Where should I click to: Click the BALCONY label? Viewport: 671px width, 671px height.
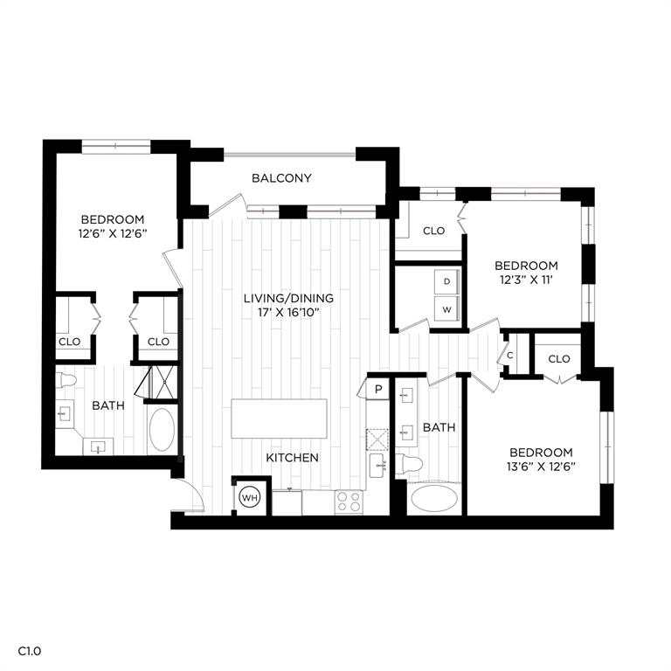tap(281, 178)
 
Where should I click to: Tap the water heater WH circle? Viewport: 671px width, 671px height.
tap(251, 498)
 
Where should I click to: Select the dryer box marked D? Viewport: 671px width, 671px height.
tap(446, 281)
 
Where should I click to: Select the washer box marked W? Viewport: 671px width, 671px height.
tap(446, 309)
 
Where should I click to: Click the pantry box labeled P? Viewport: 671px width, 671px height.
tap(378, 389)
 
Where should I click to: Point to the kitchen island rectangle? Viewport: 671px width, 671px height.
tap(279, 419)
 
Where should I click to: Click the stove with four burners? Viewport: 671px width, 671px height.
tap(349, 502)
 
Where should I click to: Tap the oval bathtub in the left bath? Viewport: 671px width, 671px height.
tap(162, 430)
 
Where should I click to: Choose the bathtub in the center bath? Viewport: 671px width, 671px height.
tap(433, 500)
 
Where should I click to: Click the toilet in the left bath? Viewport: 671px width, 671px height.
tap(67, 380)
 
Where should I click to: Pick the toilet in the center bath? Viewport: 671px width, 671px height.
tap(409, 464)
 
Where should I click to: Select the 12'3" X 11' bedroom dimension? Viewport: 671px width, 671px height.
tap(526, 280)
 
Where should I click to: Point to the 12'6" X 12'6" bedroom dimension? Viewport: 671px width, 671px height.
tap(113, 233)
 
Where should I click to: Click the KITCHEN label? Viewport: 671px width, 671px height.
tap(292, 458)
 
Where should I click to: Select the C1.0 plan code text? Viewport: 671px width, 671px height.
tap(30, 651)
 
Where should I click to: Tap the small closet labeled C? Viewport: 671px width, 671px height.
tap(509, 356)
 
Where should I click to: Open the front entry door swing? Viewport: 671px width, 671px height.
tap(189, 497)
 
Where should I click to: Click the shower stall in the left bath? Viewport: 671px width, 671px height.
tap(161, 382)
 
